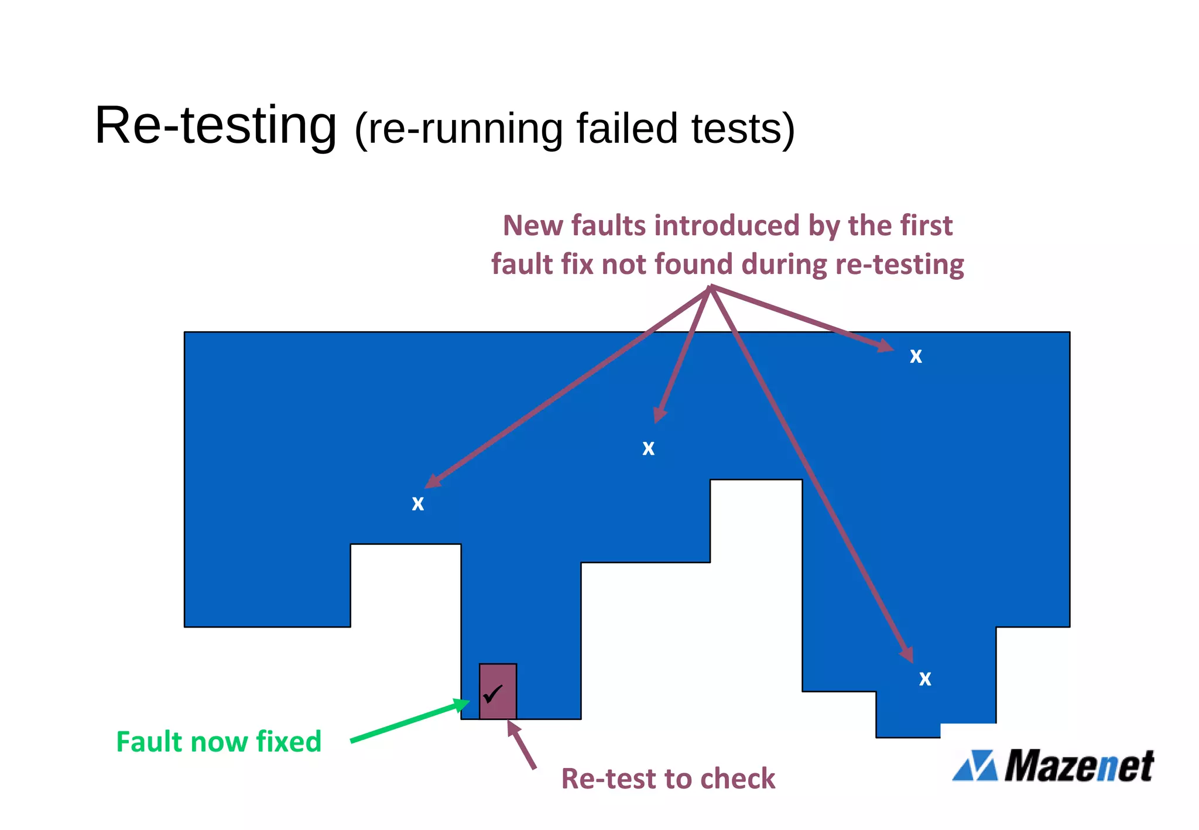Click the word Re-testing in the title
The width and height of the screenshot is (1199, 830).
[215, 125]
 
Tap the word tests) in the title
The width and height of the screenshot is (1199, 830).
[743, 128]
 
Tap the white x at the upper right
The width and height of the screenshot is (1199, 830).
[916, 356]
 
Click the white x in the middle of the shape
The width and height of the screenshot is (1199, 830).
[648, 448]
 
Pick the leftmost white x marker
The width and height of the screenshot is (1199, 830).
[417, 503]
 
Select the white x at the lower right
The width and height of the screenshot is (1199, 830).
[925, 679]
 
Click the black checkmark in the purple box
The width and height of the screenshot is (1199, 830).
[493, 694]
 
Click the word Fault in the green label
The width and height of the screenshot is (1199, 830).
[149, 742]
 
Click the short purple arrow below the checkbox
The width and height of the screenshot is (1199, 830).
[522, 745]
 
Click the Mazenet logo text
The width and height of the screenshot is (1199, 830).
[1079, 765]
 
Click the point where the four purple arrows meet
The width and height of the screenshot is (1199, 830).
[710, 287]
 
